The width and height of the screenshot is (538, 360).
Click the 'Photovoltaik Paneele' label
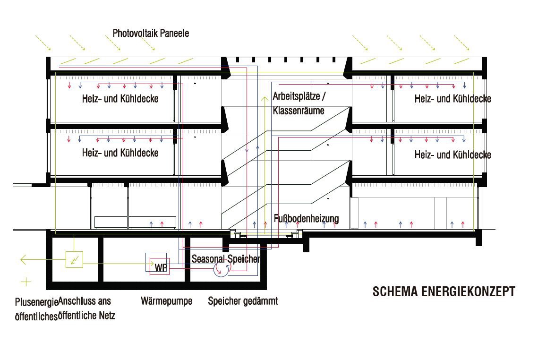[x=151, y=33]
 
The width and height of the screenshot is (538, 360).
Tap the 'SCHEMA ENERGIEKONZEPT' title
[x=444, y=291]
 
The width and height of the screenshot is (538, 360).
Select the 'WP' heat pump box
[x=161, y=268]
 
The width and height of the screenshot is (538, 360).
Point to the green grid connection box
[x=74, y=259]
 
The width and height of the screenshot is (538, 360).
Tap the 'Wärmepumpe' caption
[x=166, y=301]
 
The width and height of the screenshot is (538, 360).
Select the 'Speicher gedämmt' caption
[x=243, y=301]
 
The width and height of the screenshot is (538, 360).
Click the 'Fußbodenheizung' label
[x=307, y=219]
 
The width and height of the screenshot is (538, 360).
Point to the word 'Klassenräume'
[x=299, y=111]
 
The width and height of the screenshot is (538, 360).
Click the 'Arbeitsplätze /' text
[x=299, y=96]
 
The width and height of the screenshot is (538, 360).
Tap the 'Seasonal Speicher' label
[x=226, y=258]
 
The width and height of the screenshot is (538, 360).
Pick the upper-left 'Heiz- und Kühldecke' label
[x=120, y=99]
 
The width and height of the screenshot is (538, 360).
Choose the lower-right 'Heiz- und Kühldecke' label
[x=453, y=154]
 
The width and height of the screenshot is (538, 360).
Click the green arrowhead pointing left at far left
[x=22, y=259]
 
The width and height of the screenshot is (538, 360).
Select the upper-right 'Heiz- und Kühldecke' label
[x=453, y=99]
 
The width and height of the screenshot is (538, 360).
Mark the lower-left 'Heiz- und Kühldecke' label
[x=120, y=153]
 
